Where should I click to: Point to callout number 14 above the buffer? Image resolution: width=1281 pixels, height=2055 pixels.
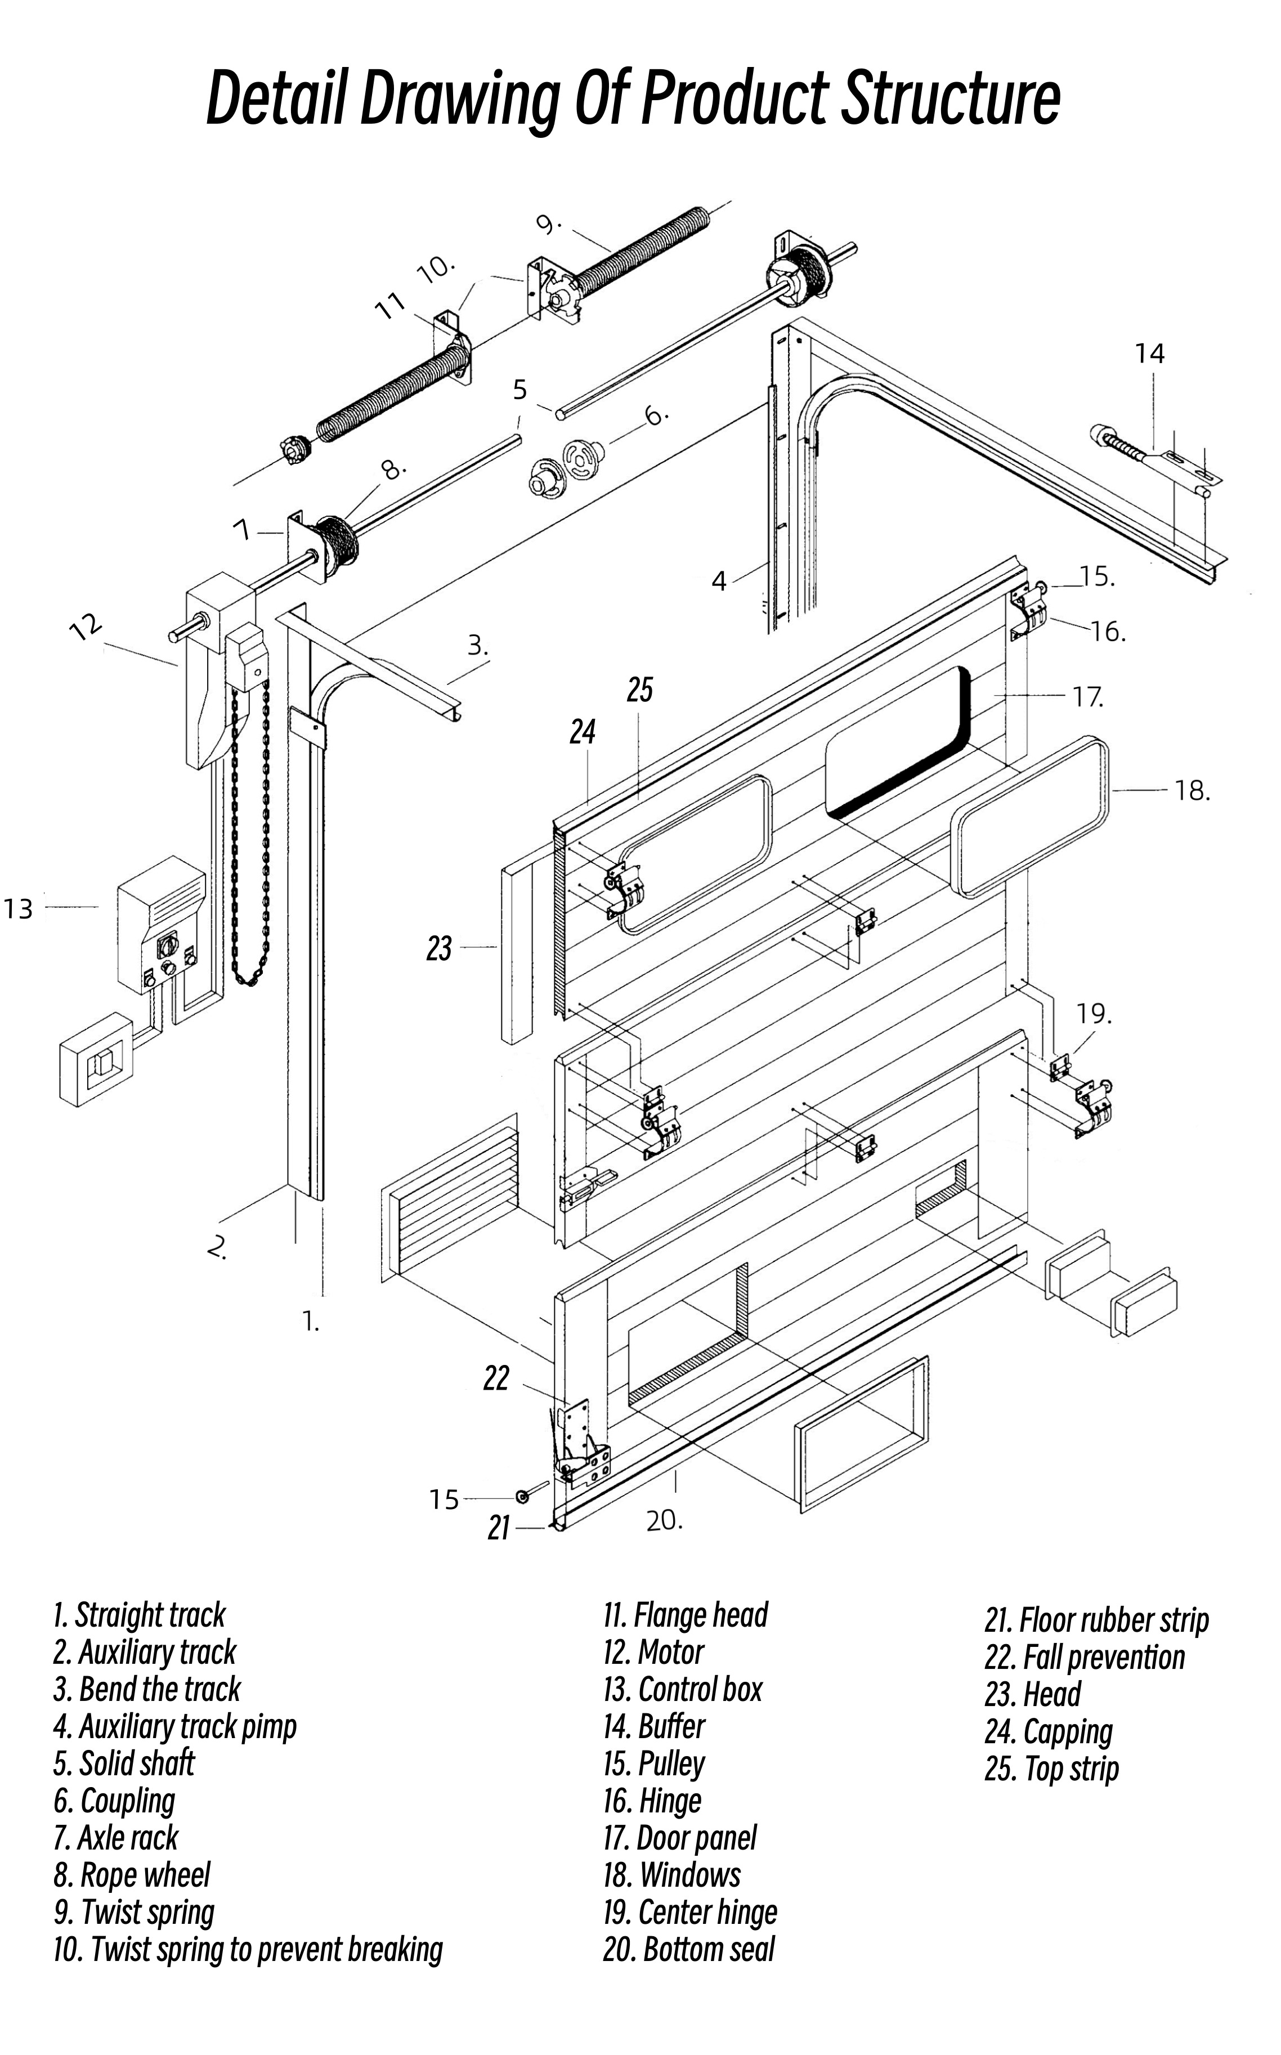pyautogui.click(x=1150, y=353)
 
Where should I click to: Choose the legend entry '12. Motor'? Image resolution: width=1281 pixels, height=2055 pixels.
pyautogui.click(x=653, y=1652)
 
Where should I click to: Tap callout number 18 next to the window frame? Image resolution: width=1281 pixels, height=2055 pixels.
pyautogui.click(x=1191, y=791)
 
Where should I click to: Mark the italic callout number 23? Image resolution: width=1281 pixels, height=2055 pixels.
pyautogui.click(x=439, y=949)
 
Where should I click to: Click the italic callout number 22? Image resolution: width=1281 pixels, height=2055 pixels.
pyautogui.click(x=496, y=1378)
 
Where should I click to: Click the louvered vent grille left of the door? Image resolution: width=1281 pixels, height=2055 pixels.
pyautogui.click(x=451, y=1194)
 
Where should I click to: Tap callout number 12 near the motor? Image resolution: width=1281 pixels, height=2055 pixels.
pyautogui.click(x=86, y=627)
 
